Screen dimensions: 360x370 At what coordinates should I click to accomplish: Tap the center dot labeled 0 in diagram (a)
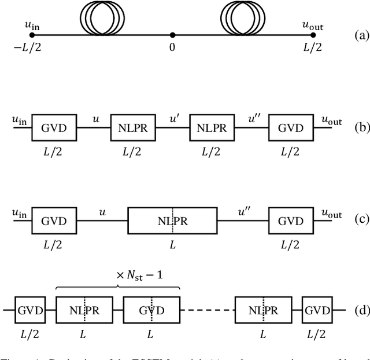pos(172,35)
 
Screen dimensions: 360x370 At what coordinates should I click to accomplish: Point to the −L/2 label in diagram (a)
pos(24,47)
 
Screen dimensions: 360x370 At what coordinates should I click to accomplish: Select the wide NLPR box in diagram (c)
pos(172,222)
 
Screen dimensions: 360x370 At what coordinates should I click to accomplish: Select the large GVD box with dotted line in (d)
pos(151,311)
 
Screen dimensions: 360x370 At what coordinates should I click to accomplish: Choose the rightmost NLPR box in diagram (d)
pos(262,311)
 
